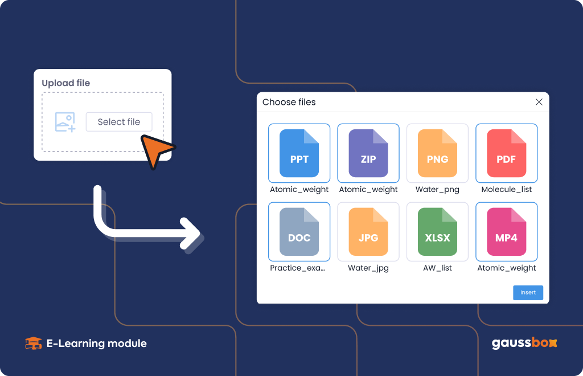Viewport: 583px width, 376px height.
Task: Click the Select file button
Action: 119,121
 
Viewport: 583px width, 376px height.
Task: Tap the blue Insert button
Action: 528,293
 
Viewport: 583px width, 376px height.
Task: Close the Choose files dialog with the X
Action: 539,102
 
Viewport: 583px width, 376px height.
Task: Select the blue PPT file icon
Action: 299,153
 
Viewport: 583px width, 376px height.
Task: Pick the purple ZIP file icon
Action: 368,153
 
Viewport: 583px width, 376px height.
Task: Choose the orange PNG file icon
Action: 437,153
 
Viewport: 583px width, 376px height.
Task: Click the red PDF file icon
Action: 506,153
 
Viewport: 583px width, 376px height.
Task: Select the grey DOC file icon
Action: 299,232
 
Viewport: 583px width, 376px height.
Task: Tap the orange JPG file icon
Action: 368,232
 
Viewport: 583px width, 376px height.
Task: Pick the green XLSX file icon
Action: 437,232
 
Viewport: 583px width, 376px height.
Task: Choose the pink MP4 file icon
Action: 506,232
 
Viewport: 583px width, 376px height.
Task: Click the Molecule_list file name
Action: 506,190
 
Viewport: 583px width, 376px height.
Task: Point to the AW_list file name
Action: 437,268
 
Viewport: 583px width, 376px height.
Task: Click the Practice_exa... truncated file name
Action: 297,268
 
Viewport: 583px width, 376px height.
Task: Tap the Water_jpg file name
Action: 368,268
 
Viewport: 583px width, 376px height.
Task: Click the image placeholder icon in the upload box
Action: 65,122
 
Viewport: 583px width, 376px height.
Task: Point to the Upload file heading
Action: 66,83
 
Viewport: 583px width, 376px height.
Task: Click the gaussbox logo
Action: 524,343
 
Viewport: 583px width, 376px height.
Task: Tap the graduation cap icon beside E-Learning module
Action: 33,344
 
